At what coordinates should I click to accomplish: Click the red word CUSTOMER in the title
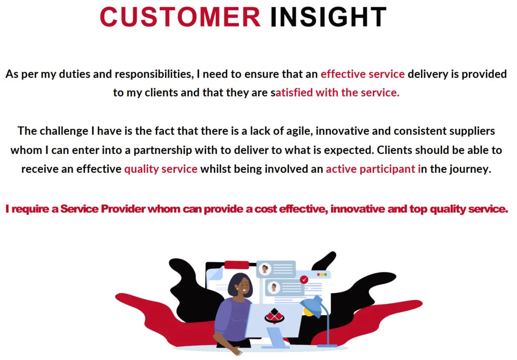pos(180,17)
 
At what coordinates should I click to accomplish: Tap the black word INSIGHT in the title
pos(328,17)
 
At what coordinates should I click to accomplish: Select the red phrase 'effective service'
pos(362,74)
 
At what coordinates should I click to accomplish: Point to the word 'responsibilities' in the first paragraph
pos(154,75)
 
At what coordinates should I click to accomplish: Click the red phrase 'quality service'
pos(161,169)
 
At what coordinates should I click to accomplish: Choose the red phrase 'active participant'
pos(370,169)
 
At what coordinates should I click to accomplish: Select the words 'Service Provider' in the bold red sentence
pos(103,209)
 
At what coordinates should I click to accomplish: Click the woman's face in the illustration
pos(243,285)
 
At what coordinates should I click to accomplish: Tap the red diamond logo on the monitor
pos(274,316)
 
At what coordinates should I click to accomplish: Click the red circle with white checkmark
pos(304,279)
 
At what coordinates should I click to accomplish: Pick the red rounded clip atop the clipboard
pos(237,264)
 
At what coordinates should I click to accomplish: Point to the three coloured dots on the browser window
pos(322,274)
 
